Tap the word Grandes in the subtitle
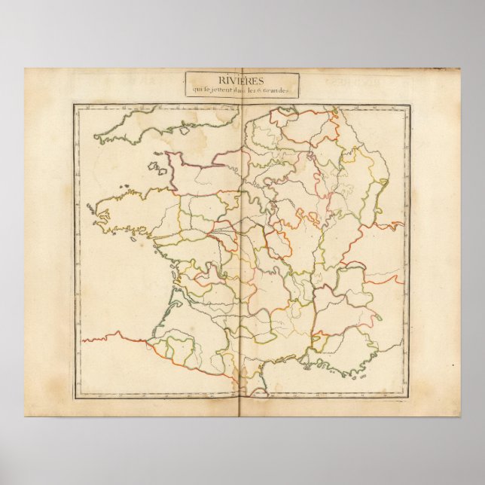pos(285,91)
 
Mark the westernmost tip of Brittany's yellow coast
pos(90,206)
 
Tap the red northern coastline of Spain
pos(113,334)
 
